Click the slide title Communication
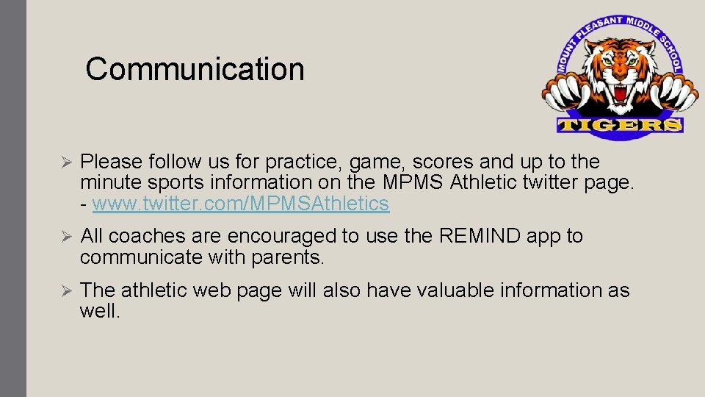coord(195,69)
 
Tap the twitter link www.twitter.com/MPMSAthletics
coord(241,204)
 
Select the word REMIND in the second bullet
coord(480,236)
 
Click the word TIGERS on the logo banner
coord(621,126)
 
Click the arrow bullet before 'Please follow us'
coord(64,162)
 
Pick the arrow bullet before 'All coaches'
coord(64,237)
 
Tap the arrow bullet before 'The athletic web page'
coord(64,291)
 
